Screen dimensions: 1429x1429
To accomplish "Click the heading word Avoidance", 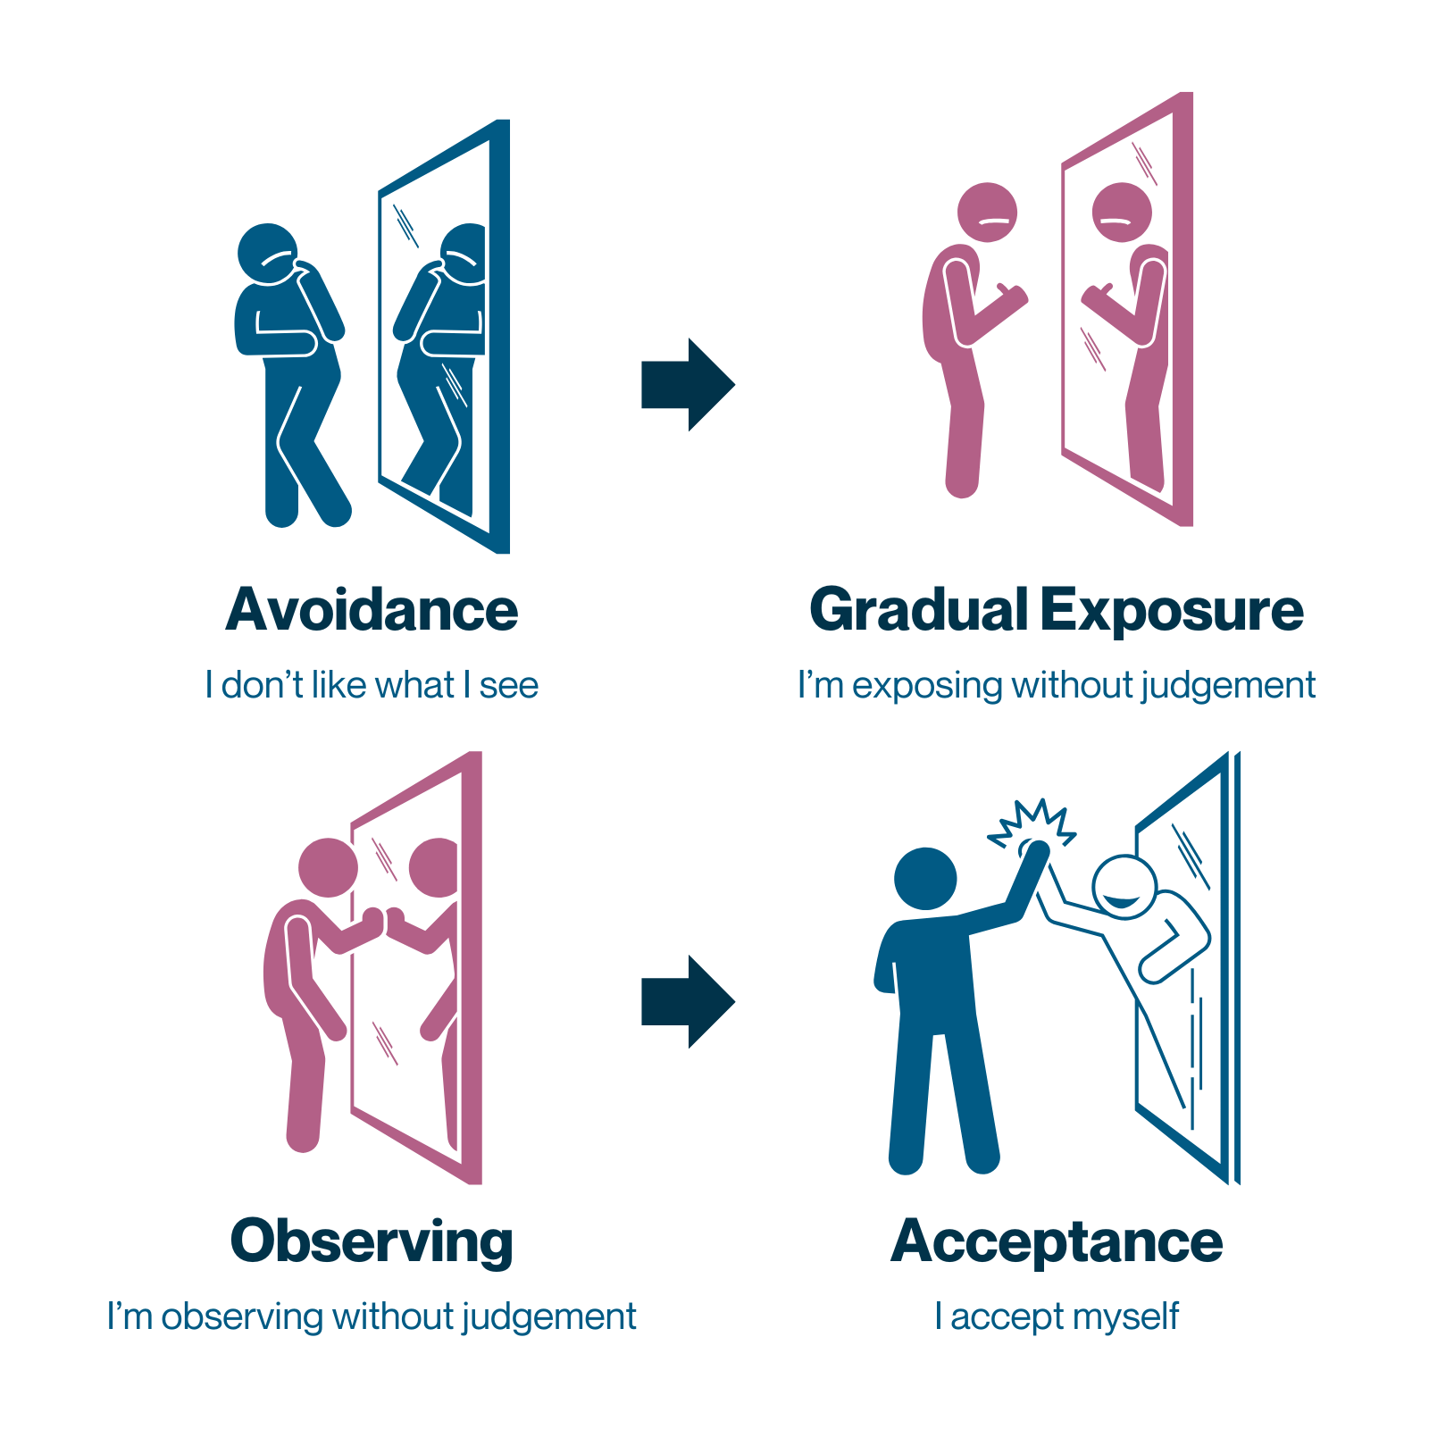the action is pyautogui.click(x=372, y=610).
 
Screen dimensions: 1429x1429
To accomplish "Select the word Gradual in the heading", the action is pyautogui.click(x=919, y=610).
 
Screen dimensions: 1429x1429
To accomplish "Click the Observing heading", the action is pyautogui.click(x=372, y=1242).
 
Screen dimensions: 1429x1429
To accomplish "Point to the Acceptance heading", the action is pyautogui.click(x=1057, y=1242).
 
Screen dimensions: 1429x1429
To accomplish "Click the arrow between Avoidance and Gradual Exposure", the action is pyautogui.click(x=688, y=385).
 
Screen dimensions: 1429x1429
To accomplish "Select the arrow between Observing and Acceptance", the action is pyautogui.click(x=688, y=1001).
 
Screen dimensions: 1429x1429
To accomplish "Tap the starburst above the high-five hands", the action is pyautogui.click(x=1032, y=823).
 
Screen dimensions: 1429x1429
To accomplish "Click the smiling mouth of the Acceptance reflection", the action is pyautogui.click(x=1122, y=899).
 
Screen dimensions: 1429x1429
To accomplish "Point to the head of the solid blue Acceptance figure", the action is pyautogui.click(x=925, y=879).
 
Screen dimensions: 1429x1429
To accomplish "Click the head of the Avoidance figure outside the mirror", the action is pyautogui.click(x=267, y=254).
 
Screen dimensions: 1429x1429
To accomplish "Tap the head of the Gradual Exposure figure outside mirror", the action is pyautogui.click(x=987, y=213).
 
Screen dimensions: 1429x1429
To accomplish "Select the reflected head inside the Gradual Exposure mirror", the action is pyautogui.click(x=1122, y=213).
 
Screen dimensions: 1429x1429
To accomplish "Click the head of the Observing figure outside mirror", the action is pyautogui.click(x=328, y=867).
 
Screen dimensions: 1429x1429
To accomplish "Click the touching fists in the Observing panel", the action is pyautogui.click(x=383, y=921).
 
